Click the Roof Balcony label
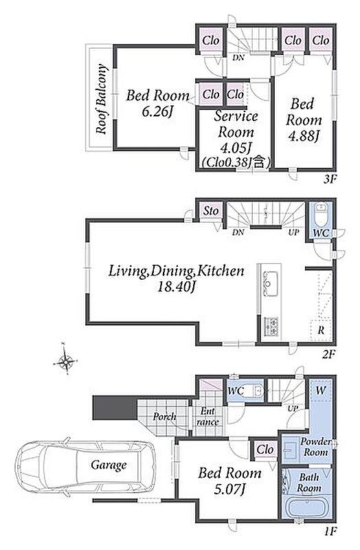[x=102, y=99]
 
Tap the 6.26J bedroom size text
[x=158, y=111]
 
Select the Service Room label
[x=236, y=124]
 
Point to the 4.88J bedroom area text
[x=303, y=135]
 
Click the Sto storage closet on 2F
[x=211, y=211]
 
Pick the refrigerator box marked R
[x=320, y=330]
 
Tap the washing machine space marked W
[x=321, y=390]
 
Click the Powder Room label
[x=315, y=447]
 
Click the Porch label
[x=164, y=417]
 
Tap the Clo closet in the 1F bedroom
[x=265, y=450]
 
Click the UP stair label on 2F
[x=293, y=232]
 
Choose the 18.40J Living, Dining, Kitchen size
[x=177, y=287]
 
